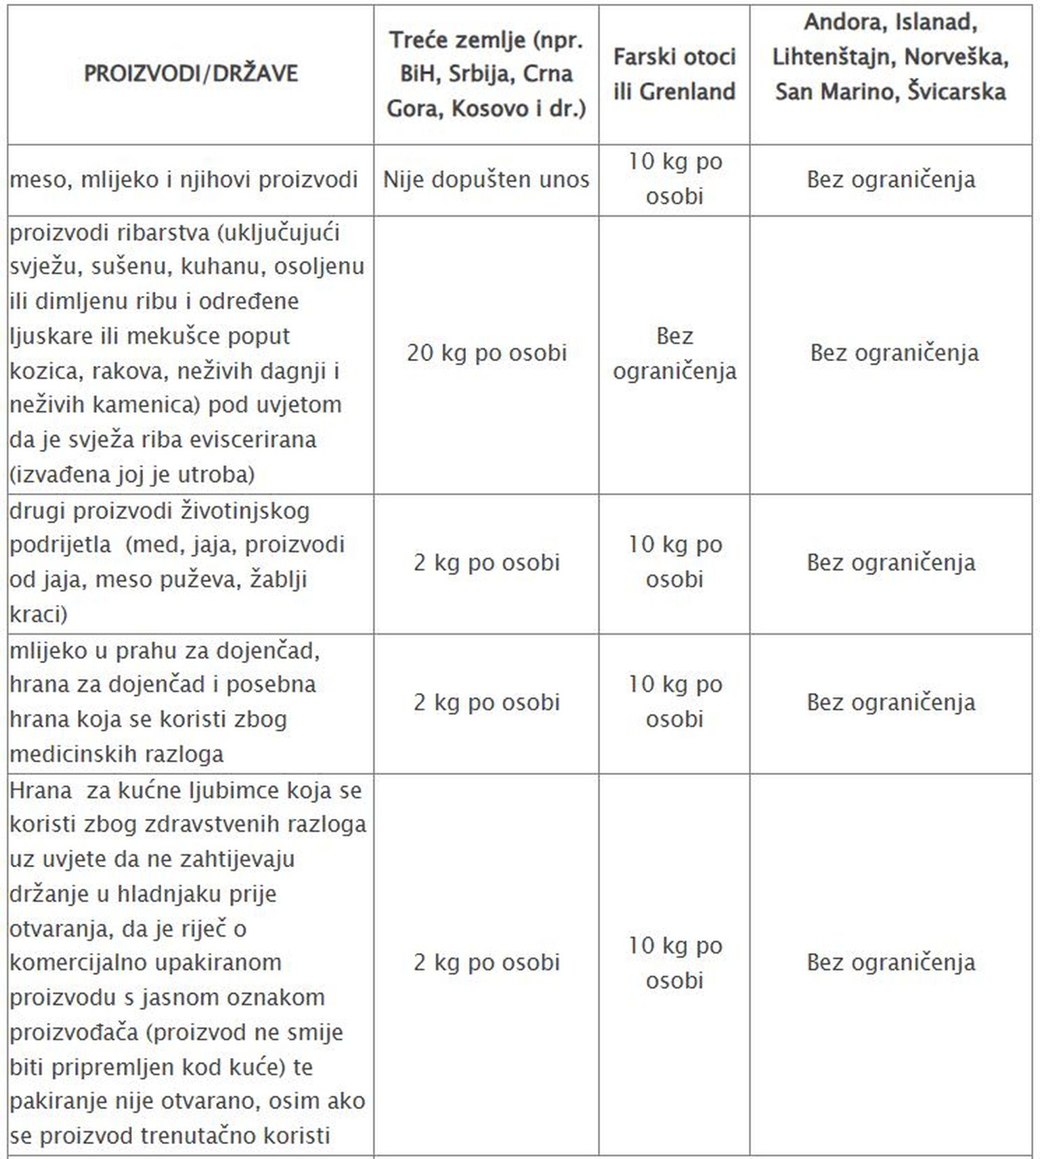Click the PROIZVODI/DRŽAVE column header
[190, 73]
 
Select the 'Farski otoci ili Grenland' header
[674, 74]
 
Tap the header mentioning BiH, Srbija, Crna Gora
[486, 74]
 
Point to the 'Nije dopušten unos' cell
[486, 180]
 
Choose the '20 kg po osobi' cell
[486, 353]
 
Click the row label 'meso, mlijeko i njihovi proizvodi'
[183, 180]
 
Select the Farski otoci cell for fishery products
[674, 353]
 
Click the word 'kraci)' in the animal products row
[38, 614]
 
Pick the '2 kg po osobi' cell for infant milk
[486, 702]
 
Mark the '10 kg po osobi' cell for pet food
[674, 963]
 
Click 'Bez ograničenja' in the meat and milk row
[890, 180]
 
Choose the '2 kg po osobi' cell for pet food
[486, 963]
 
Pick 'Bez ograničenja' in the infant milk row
[890, 702]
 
